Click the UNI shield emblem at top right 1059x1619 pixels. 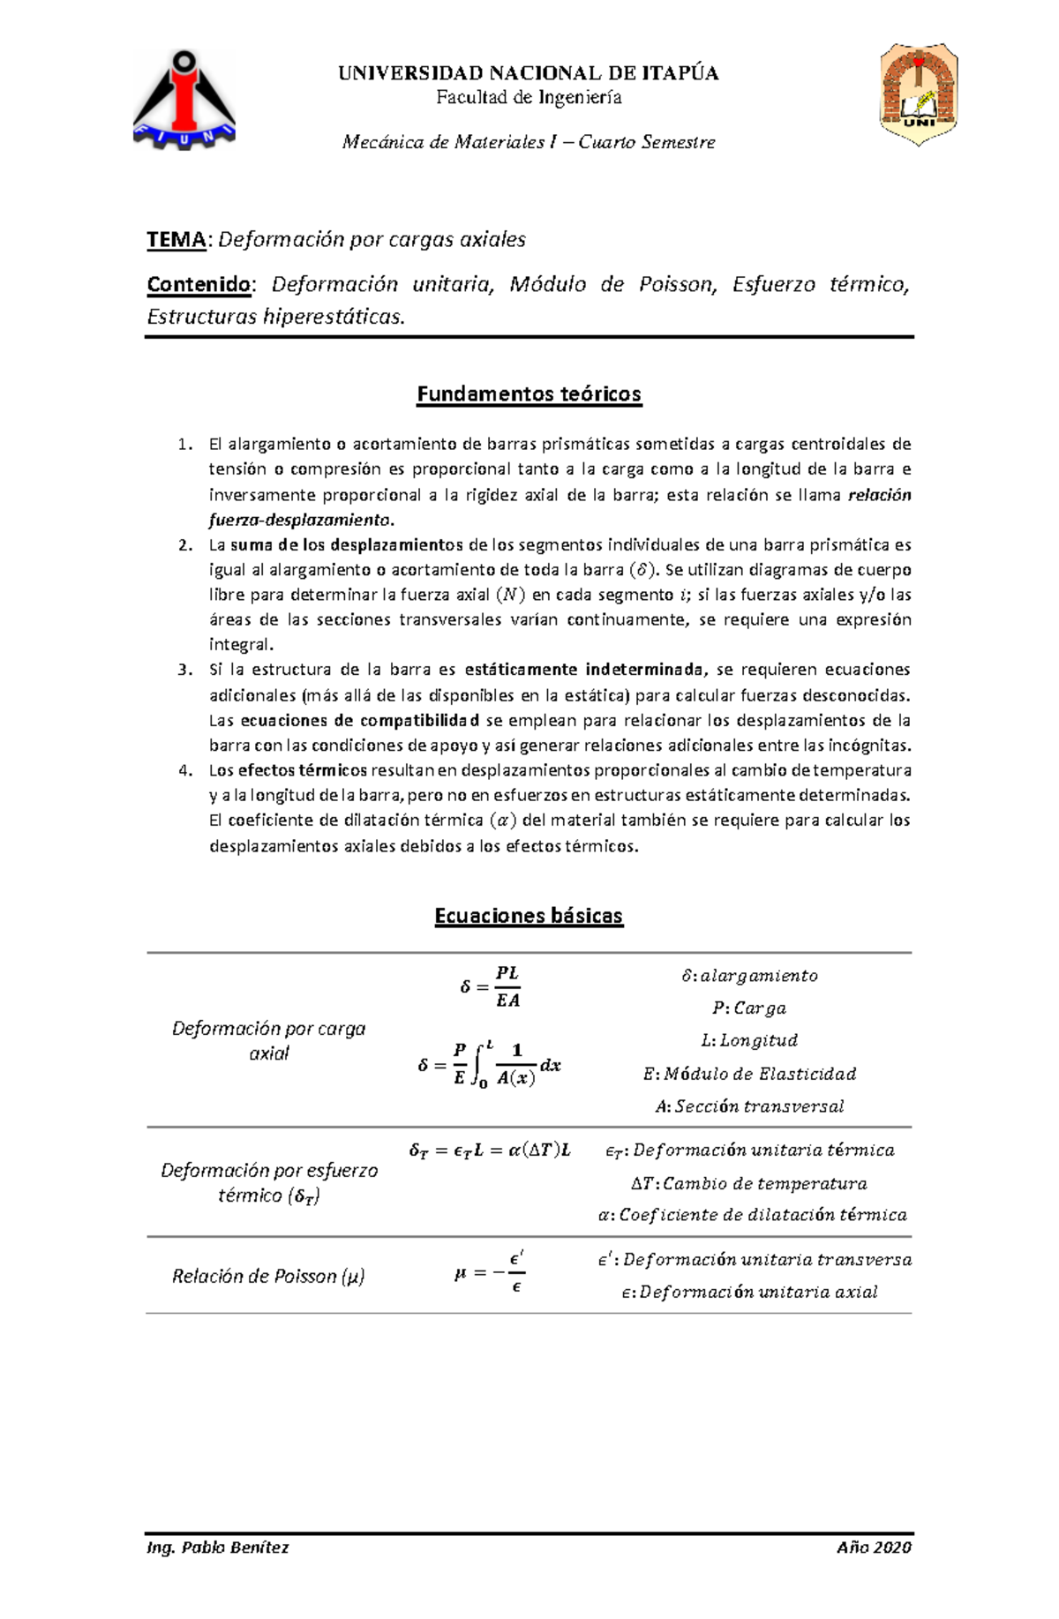coord(918,93)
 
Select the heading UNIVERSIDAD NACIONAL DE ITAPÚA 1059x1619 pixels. coord(528,73)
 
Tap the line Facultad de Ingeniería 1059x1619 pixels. coord(529,97)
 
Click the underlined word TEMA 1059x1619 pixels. coord(176,239)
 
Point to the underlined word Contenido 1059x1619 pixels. coord(199,284)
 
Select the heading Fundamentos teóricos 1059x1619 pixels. coord(529,394)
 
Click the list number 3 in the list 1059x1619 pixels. coord(184,670)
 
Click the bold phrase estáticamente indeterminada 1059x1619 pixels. coord(584,670)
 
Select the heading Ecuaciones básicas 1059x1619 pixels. coord(529,916)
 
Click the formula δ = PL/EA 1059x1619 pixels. coord(492,986)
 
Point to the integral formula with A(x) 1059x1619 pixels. coord(490,1065)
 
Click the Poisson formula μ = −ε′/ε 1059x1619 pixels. coord(491,1273)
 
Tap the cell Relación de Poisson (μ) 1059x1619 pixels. coord(268,1276)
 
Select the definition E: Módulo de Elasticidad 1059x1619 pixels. coord(749,1074)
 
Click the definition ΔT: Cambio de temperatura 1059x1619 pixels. coord(749,1183)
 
